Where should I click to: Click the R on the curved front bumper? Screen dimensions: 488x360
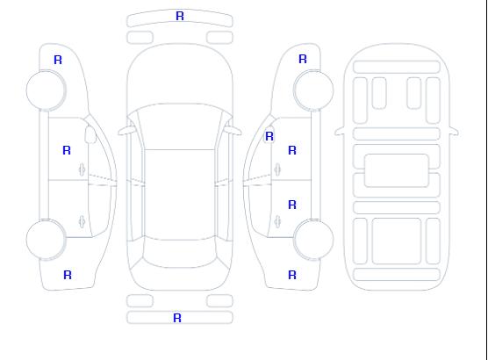pos(180,16)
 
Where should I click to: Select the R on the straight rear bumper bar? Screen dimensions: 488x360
pos(177,318)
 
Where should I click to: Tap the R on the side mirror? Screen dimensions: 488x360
pos(269,136)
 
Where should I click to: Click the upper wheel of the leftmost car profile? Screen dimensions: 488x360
pos(46,90)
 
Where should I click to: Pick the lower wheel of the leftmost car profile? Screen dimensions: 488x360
pos(46,240)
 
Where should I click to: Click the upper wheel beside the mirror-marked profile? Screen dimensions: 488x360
pos(313,90)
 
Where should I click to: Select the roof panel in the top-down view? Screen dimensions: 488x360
pos(180,195)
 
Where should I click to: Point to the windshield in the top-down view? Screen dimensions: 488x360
pos(180,126)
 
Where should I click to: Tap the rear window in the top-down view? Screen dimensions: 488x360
pos(180,254)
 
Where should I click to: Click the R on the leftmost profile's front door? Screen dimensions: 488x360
pos(67,150)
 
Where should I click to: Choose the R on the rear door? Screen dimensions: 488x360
pos(292,205)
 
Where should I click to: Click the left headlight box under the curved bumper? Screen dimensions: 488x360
pos(140,38)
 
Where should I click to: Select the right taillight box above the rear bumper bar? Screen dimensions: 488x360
pos(219,301)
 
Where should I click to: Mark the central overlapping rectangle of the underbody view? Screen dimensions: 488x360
pos(397,170)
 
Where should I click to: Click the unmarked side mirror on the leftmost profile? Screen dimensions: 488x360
pos(90,134)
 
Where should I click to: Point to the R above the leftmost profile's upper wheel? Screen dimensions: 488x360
pos(58,60)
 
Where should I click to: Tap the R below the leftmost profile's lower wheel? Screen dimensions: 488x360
pos(68,275)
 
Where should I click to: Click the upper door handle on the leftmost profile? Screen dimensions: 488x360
pos(83,169)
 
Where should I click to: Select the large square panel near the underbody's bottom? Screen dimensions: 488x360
pos(397,241)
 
